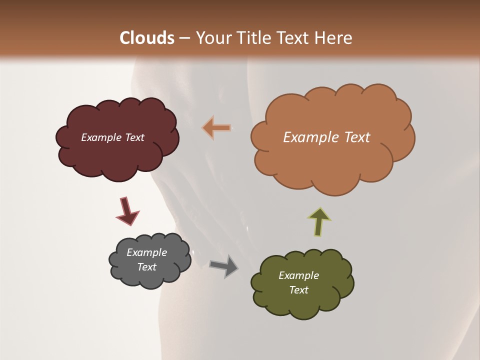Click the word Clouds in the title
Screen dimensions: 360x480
(147, 38)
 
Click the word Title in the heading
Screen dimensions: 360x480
(252, 38)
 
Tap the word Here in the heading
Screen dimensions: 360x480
(333, 38)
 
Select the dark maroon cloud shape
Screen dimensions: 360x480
(117, 160)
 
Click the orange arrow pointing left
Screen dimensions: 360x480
(217, 128)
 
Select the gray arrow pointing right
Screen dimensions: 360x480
(224, 266)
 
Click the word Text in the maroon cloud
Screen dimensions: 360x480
(134, 137)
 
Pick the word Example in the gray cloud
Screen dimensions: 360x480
(146, 252)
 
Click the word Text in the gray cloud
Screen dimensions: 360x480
(146, 267)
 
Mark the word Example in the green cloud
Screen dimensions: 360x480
(298, 275)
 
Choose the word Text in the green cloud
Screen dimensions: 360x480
(298, 290)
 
